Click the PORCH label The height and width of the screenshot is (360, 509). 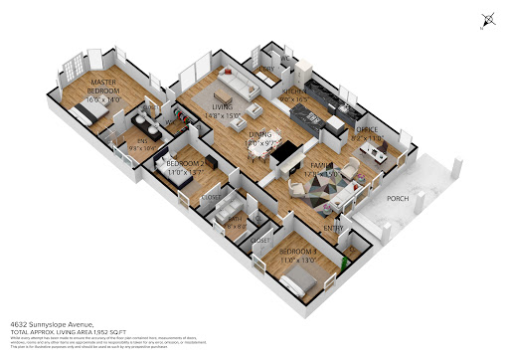(397, 197)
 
